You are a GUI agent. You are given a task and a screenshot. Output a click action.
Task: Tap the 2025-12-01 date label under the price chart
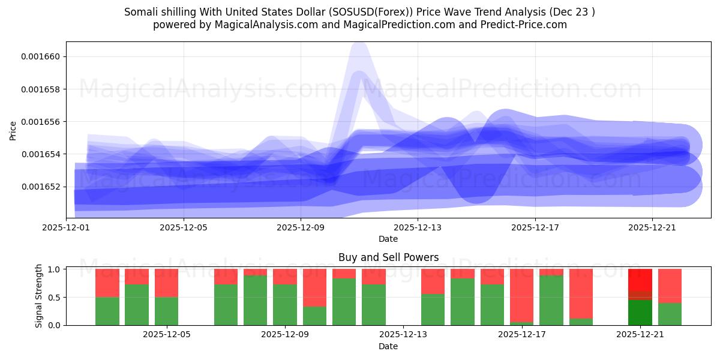(x=66, y=228)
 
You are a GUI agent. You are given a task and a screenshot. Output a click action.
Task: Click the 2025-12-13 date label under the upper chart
(x=418, y=228)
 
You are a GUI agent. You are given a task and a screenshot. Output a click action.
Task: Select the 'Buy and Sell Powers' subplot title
(x=388, y=257)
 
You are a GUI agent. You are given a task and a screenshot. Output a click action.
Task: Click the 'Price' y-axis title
(x=13, y=130)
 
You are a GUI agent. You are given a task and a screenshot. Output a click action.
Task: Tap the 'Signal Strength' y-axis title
(x=39, y=296)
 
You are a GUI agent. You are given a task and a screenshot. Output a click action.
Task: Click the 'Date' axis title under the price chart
(x=388, y=239)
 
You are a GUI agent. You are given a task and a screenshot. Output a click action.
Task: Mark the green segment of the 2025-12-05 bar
(x=166, y=311)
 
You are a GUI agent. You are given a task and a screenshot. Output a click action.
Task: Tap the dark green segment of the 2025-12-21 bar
(x=640, y=312)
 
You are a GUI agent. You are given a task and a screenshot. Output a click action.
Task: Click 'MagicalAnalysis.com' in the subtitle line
(x=254, y=25)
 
